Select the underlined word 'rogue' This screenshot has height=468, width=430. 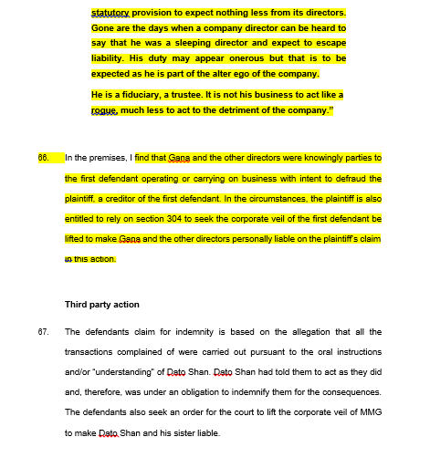[105, 110]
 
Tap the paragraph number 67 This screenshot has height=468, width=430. [43, 332]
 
